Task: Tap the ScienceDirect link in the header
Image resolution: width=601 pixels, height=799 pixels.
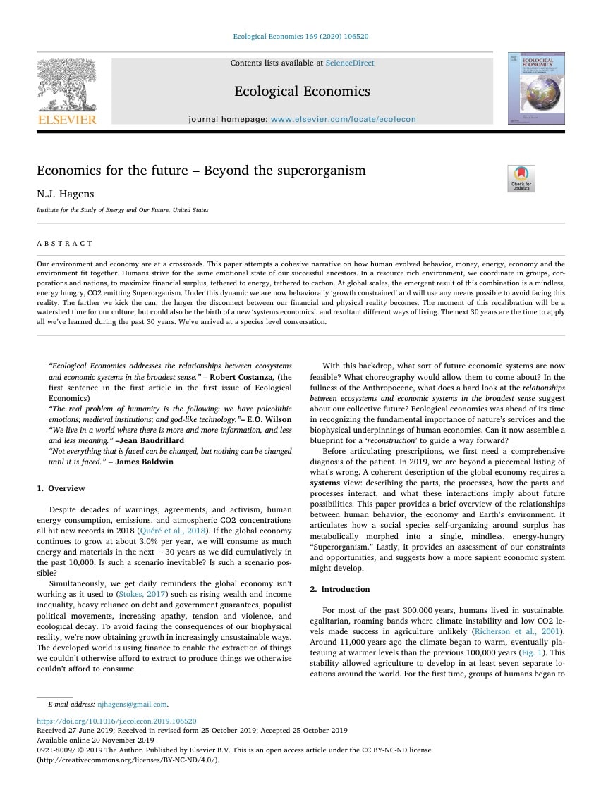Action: (350, 63)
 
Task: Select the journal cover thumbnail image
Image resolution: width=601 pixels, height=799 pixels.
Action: (536, 89)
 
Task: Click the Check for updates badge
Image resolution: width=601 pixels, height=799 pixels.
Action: (521, 178)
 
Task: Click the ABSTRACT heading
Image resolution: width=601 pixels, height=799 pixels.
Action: (65, 243)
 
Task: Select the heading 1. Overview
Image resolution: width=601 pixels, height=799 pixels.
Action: (61, 488)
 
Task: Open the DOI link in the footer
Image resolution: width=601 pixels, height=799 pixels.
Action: (116, 721)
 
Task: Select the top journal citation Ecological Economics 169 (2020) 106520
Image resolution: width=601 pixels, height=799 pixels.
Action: (300, 37)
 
